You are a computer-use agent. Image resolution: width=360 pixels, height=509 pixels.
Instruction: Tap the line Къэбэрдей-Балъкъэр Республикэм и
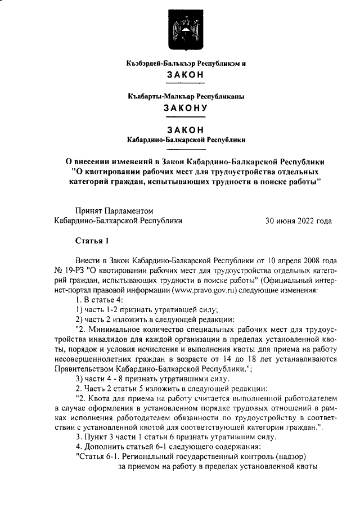point(186,64)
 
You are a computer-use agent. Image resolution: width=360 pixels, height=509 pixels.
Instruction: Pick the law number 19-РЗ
point(73,271)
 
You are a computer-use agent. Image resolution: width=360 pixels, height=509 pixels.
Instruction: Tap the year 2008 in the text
point(309,261)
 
